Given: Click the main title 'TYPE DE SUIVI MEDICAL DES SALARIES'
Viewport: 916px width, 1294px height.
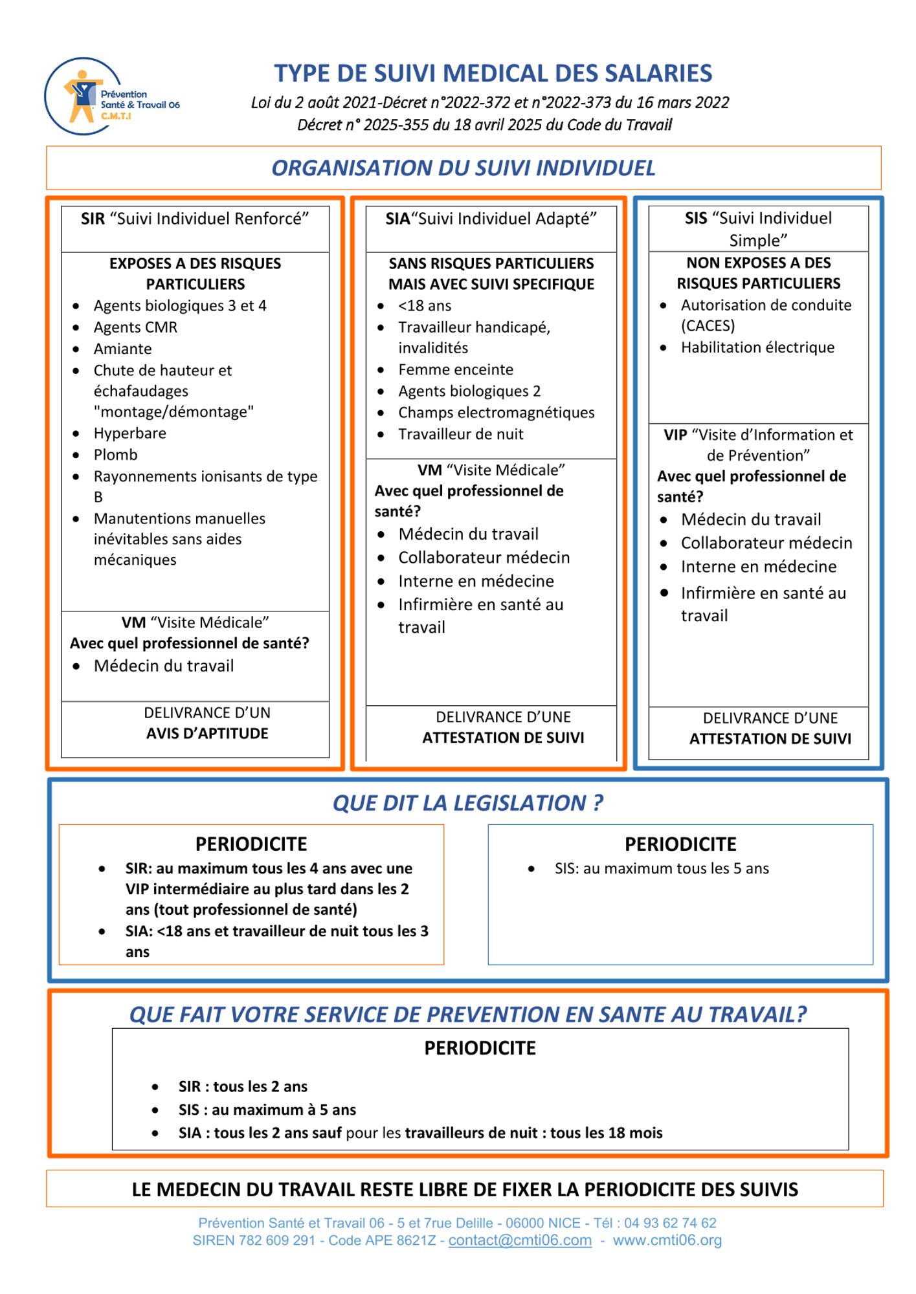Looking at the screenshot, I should click(x=493, y=73).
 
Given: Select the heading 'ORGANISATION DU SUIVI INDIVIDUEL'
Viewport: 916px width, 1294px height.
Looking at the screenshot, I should click(x=463, y=168).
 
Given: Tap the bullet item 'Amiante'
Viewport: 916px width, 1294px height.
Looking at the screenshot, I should click(x=122, y=349).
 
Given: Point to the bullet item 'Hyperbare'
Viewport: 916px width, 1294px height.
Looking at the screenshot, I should click(x=129, y=433).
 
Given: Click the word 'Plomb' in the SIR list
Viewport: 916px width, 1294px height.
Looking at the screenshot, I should click(x=115, y=455).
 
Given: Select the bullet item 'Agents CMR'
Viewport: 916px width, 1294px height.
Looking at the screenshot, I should click(x=135, y=327).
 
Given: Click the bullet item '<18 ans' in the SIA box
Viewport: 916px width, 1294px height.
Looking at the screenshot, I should click(x=425, y=305).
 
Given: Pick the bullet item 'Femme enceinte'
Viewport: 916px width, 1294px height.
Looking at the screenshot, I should click(x=456, y=369).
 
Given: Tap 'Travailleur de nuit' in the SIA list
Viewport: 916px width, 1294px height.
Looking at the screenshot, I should click(x=460, y=434).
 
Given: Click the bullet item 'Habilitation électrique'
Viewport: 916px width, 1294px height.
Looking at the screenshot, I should click(x=757, y=347).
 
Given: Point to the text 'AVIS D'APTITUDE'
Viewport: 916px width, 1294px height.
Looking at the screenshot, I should click(x=207, y=734).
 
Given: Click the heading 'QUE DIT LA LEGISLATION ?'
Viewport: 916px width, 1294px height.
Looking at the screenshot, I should click(x=467, y=803).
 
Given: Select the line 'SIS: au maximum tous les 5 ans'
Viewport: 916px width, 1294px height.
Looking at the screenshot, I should click(x=662, y=868).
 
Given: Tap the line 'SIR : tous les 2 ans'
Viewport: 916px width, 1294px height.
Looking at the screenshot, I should click(x=243, y=1086).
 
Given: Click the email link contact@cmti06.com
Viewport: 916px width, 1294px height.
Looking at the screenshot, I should click(x=520, y=1240).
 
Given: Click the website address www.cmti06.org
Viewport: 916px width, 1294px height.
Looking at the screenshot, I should click(x=667, y=1240).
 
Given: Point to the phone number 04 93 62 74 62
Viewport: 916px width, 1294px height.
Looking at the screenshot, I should click(x=670, y=1223).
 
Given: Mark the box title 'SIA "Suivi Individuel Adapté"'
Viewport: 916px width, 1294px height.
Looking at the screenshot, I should click(x=491, y=219).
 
